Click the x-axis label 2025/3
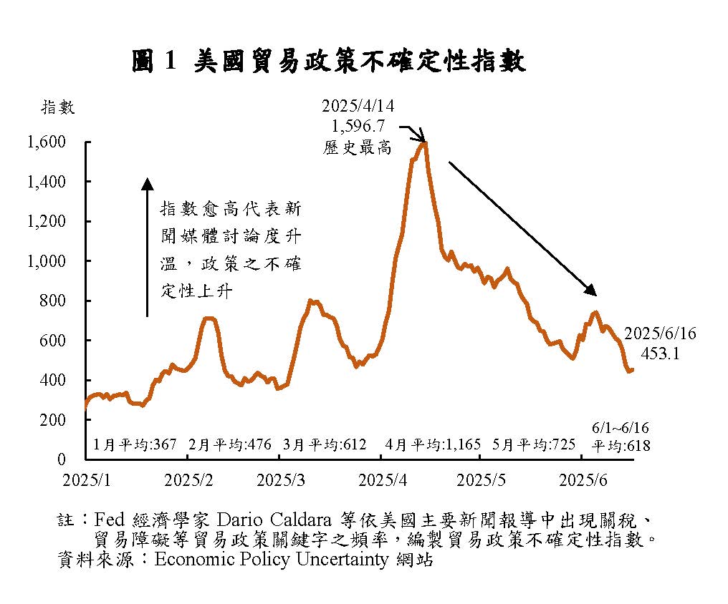[279, 479]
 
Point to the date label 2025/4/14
[358, 107]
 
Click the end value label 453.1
[659, 353]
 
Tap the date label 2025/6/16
[659, 334]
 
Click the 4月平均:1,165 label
[433, 444]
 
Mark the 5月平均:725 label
[535, 444]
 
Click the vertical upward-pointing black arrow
[147, 247]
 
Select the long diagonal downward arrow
[522, 228]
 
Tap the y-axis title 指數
[58, 107]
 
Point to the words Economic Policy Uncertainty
[272, 559]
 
